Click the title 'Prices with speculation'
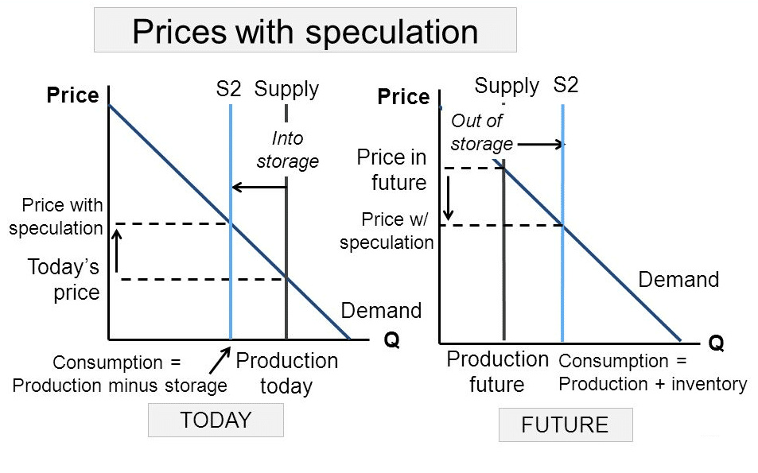(x=305, y=32)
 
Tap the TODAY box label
(x=216, y=420)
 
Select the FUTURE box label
(x=565, y=425)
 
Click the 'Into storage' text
(x=288, y=149)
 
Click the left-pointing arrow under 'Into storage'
(x=259, y=187)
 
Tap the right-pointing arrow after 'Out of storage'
(x=540, y=144)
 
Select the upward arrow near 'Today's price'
(x=116, y=250)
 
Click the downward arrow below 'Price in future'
(x=449, y=198)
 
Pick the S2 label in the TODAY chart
(x=228, y=89)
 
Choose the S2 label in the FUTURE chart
(x=566, y=85)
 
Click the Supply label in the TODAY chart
(x=286, y=90)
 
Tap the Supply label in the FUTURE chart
(x=507, y=87)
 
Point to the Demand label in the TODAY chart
(x=382, y=310)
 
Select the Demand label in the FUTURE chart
(x=678, y=279)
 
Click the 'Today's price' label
(x=64, y=279)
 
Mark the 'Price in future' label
(x=391, y=169)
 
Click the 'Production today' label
(x=286, y=373)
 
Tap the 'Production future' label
(x=497, y=371)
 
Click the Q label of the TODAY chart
(x=392, y=339)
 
